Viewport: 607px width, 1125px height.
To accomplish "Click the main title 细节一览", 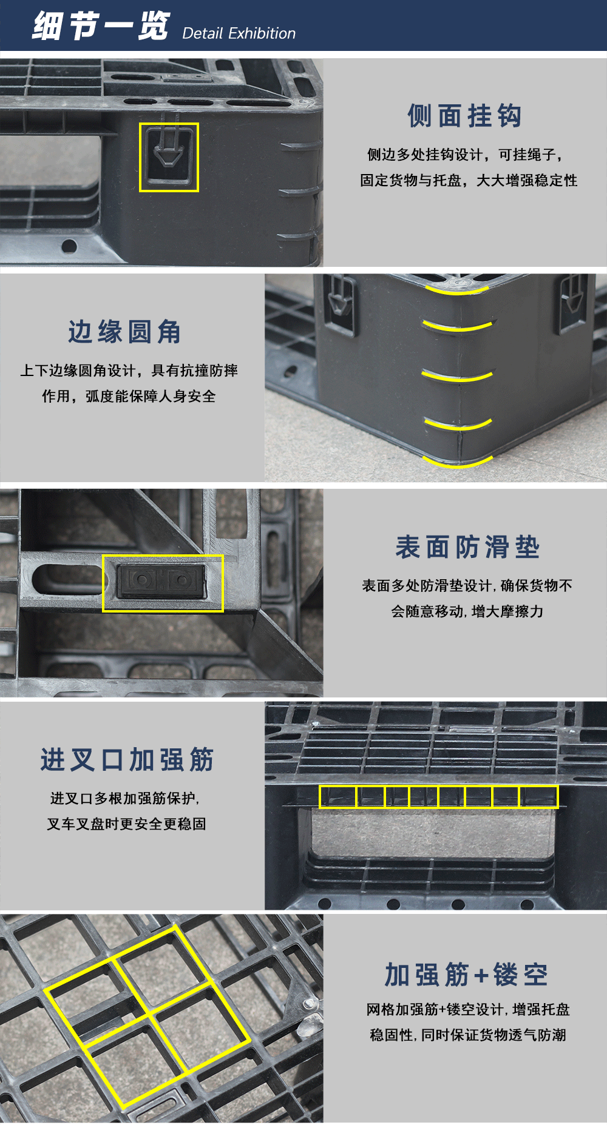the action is [101, 26].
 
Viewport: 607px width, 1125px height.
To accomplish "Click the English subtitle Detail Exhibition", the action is [239, 33].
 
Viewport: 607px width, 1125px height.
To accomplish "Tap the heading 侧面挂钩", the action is [465, 116].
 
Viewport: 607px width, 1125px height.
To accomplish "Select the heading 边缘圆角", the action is [124, 332].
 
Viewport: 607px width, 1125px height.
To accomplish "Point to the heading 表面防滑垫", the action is [467, 547].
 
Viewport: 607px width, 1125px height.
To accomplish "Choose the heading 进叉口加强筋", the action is [127, 760].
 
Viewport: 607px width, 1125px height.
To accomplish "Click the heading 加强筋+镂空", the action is [466, 975].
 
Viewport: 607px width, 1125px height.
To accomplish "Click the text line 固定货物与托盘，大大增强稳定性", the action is [469, 181].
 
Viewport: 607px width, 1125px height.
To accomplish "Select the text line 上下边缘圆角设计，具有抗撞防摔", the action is [129, 371].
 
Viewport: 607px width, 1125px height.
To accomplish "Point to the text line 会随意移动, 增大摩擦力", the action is [467, 611].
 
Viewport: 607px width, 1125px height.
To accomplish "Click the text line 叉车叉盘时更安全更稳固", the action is [126, 824].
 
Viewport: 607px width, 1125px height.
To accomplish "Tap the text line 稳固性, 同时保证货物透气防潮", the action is [467, 1035].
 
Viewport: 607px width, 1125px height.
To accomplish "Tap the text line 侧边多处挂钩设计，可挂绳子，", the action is [465, 155].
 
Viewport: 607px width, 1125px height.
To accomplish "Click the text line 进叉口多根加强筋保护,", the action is [125, 799].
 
